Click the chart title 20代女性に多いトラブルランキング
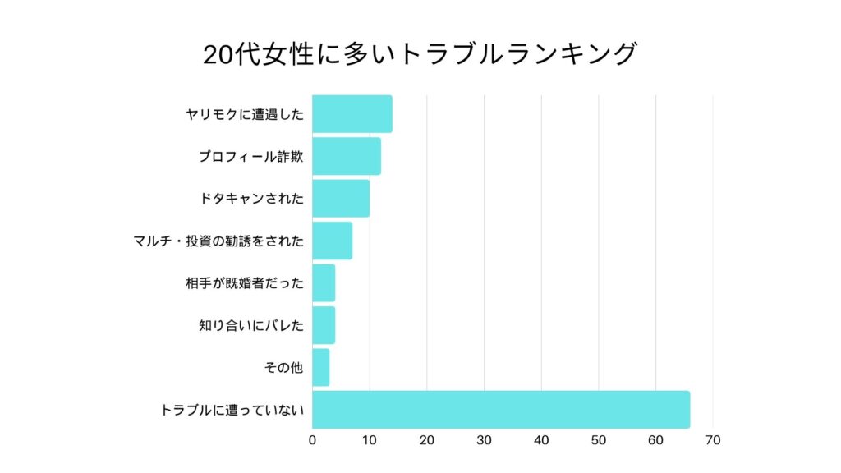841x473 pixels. [420, 54]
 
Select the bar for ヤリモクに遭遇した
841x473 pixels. [352, 114]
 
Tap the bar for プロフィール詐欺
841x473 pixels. [347, 156]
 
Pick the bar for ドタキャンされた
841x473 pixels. [341, 198]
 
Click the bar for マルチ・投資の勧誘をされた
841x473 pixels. [333, 241]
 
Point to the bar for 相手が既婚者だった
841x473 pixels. [324, 283]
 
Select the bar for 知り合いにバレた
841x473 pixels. [324, 325]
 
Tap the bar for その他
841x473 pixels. [321, 367]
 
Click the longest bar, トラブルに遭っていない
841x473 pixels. [501, 410]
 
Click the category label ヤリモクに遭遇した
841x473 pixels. [245, 115]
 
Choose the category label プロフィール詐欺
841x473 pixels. [251, 157]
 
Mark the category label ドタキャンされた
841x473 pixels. [251, 199]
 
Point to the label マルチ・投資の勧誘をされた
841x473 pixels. [218, 241]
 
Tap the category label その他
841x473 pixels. [284, 368]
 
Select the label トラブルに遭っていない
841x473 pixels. [232, 410]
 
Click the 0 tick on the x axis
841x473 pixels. [313, 441]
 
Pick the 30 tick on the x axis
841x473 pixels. [484, 441]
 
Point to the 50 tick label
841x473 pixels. [598, 441]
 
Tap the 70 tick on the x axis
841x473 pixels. [712, 441]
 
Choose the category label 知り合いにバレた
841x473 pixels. [251, 326]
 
